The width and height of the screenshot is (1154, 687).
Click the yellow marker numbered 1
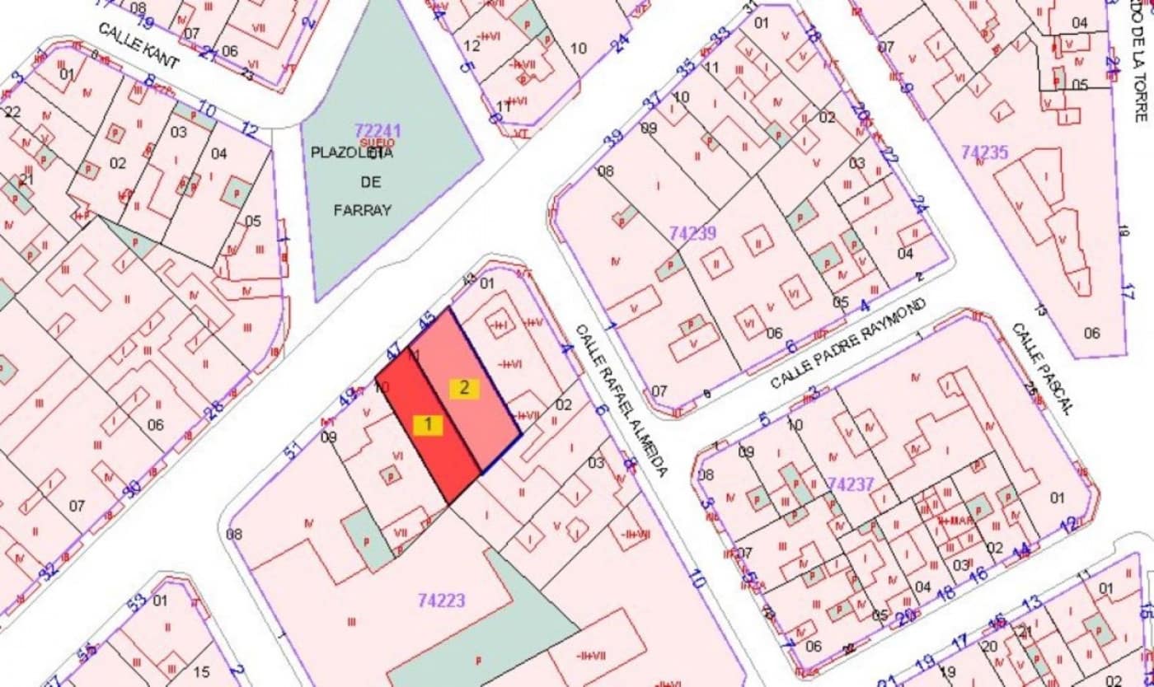[x=428, y=425]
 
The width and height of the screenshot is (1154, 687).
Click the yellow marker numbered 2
[x=464, y=389]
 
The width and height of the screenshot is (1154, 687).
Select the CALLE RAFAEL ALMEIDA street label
[x=621, y=399]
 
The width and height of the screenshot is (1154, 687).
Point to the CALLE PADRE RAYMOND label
[x=849, y=344]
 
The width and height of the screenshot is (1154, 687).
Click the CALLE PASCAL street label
[x=1042, y=367]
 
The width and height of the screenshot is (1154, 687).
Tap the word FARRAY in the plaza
[x=362, y=210]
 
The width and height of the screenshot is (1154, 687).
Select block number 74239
[x=692, y=233]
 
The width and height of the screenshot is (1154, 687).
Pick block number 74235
[x=984, y=152]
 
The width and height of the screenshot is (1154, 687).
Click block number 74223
[x=441, y=601]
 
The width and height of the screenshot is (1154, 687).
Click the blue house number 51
[x=292, y=451]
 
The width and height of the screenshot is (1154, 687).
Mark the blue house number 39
[x=612, y=137]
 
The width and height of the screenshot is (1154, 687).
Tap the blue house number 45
[x=427, y=320]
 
